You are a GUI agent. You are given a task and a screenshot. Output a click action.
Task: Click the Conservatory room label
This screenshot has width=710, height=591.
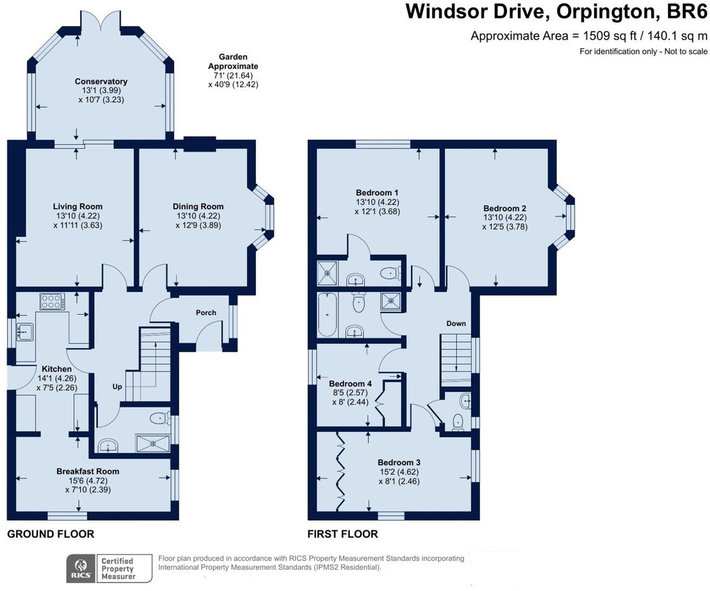[x=101, y=81]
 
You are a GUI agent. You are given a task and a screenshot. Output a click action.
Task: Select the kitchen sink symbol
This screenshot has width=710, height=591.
[x=25, y=332]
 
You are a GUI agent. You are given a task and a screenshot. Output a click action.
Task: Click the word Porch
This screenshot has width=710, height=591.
[x=206, y=312]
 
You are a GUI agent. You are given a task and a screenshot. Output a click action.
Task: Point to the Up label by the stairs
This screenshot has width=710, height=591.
[x=117, y=387]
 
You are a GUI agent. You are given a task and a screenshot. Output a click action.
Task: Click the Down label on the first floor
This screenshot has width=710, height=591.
[x=456, y=323]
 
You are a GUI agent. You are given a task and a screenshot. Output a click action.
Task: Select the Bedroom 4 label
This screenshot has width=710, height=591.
[x=350, y=384]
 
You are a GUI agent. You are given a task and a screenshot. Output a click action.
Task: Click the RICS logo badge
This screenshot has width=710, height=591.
[x=81, y=568]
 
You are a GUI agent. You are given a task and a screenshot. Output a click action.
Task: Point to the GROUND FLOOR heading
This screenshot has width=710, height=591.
[x=51, y=534]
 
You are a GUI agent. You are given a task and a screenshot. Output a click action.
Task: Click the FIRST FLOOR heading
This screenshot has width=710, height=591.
[x=343, y=534]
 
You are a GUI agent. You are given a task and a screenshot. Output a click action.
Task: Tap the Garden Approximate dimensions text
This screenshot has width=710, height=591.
[x=233, y=71]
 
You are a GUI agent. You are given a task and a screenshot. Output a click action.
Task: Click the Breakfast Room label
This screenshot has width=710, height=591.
[x=88, y=471]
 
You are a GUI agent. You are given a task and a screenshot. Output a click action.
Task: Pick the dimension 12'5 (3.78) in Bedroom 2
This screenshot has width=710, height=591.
[x=505, y=226]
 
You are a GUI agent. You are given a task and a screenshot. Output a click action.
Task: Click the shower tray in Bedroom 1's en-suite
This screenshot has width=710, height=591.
[x=327, y=273]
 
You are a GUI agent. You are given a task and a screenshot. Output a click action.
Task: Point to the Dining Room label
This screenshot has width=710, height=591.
[x=198, y=206]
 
